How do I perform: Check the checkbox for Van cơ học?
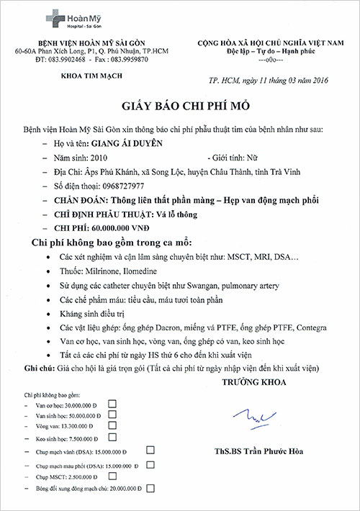tap(112, 404)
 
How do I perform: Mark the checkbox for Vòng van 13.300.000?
tap(112, 425)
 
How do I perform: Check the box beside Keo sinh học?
tap(111, 436)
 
